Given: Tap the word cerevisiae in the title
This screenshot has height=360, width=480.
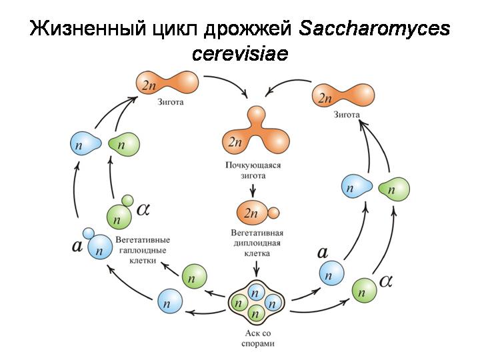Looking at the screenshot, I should [x=240, y=53].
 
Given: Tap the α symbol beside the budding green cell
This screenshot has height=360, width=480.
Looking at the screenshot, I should [x=143, y=209].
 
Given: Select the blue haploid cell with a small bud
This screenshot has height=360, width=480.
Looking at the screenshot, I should [x=97, y=248].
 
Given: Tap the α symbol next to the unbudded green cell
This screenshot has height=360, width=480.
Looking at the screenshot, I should [x=386, y=280].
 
